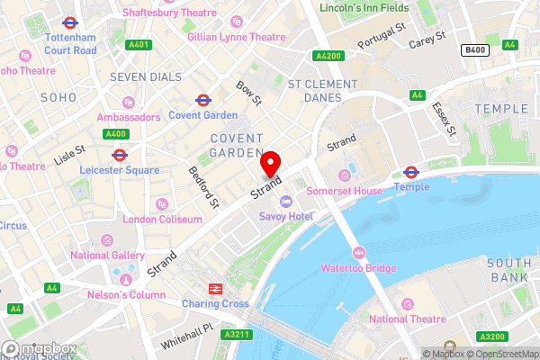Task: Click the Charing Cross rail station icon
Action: [x=216, y=289]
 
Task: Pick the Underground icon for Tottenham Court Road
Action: [x=69, y=21]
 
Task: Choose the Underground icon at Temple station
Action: [x=411, y=172]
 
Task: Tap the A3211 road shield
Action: [x=234, y=335]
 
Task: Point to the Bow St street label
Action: [x=247, y=91]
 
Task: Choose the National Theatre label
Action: [x=408, y=319]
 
